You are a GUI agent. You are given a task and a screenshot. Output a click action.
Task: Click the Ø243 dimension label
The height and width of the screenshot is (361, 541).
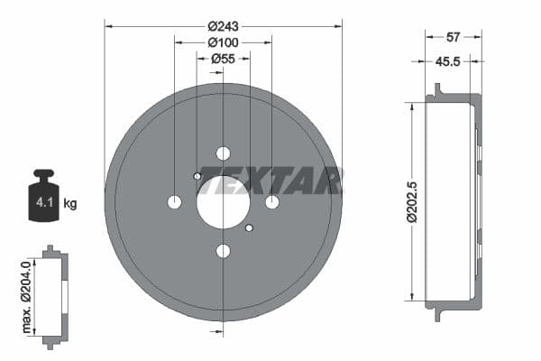tap(223, 25)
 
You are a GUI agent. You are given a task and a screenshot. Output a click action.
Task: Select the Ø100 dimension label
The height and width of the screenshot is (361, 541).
tap(223, 42)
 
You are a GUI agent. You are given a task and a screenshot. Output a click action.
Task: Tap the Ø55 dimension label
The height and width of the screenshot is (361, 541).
tap(223, 59)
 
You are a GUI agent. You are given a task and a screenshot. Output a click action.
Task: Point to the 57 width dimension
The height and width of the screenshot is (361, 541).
tap(454, 37)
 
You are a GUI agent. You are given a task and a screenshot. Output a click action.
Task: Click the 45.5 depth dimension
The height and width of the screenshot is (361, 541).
tap(448, 61)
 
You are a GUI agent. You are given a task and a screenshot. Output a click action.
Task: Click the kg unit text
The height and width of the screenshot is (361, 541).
tap(70, 204)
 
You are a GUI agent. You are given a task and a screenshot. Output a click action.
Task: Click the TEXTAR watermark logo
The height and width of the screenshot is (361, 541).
tap(270, 180)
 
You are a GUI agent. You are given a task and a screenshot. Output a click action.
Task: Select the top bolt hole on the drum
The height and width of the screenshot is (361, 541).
tap(224, 153)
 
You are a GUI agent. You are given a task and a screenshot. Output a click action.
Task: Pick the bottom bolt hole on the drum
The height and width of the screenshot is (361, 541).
tap(224, 251)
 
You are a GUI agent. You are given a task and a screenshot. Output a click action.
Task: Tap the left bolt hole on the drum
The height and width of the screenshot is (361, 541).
tap(175, 202)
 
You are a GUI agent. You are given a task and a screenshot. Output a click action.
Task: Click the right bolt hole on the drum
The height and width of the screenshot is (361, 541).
tap(272, 202)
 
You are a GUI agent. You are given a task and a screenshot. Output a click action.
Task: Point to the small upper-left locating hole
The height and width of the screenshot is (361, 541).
tap(197, 176)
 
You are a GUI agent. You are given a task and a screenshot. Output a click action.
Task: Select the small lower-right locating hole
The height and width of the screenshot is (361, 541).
tap(250, 228)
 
